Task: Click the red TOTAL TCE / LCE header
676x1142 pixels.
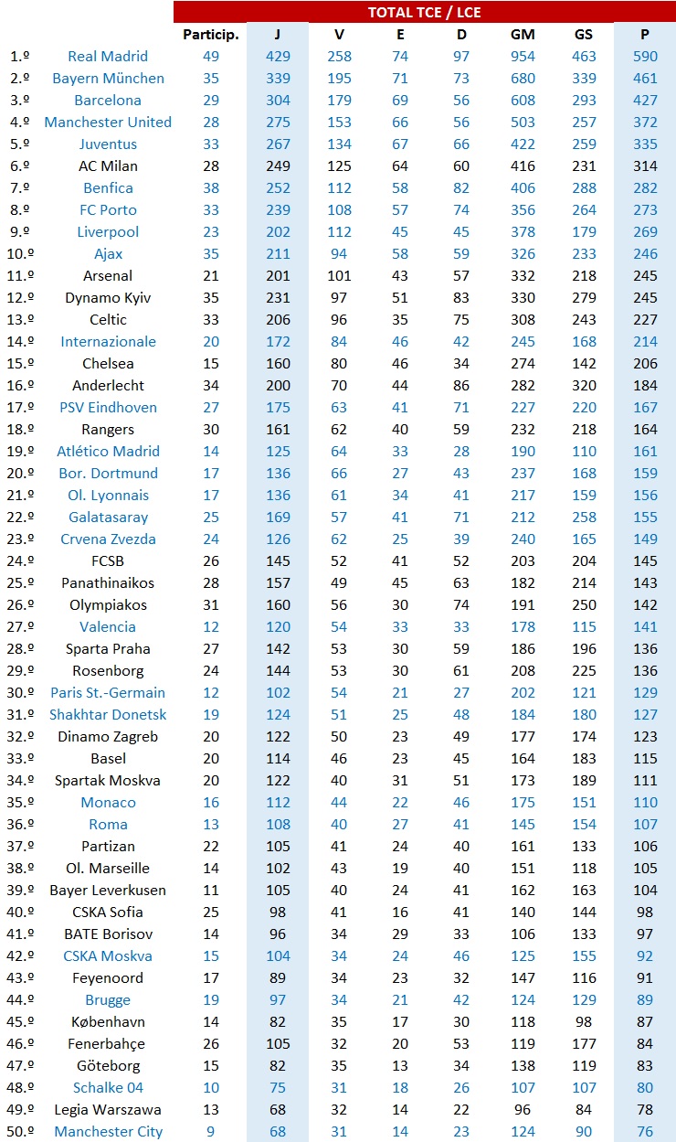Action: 424,12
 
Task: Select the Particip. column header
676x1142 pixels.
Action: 210,34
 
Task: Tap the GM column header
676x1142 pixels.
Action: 523,34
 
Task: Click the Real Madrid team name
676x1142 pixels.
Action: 108,56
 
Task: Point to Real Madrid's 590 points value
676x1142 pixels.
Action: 645,56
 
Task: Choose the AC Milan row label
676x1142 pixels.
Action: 108,165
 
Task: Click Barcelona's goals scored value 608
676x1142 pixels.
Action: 523,100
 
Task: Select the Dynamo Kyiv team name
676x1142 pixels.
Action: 108,297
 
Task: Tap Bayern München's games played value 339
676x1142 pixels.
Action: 278,78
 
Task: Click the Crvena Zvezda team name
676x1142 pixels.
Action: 108,539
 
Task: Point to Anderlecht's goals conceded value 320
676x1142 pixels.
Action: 584,385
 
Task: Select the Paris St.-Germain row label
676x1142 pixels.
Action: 108,692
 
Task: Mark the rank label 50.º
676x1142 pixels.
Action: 20,1131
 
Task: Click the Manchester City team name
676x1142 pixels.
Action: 108,1131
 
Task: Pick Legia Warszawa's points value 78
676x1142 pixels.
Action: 645,1109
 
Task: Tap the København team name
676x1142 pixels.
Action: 108,1021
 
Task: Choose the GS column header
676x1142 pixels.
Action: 584,34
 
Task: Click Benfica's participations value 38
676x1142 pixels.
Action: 210,187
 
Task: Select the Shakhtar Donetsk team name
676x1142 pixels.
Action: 108,714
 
